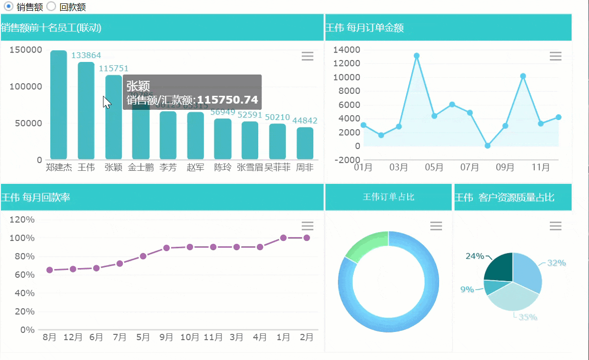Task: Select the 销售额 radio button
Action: [8, 7]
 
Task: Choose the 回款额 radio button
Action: [52, 7]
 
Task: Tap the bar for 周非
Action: [305, 143]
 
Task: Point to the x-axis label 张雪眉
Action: [250, 168]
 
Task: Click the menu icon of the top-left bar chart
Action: [308, 57]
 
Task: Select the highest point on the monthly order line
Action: [416, 56]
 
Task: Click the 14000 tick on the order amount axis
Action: [347, 50]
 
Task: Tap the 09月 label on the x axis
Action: [505, 167]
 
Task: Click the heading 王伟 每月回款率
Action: [36, 197]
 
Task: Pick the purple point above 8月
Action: [49, 270]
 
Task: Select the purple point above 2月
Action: [307, 238]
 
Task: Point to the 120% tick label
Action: [23, 220]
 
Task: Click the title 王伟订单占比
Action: [388, 197]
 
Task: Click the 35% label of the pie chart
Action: [528, 317]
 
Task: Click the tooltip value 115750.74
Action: [228, 100]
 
